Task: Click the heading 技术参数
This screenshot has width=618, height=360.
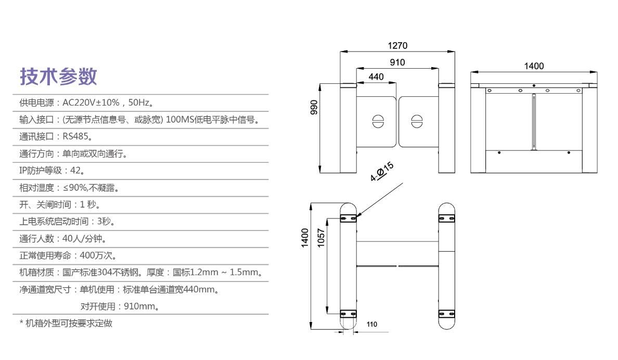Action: [x=58, y=76]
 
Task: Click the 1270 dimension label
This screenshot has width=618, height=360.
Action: [x=397, y=46]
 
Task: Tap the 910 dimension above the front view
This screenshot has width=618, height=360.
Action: [x=397, y=63]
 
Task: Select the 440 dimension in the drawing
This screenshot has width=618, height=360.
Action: [x=376, y=77]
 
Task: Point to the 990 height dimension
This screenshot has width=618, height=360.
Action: [x=313, y=107]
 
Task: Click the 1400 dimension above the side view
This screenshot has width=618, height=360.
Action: [x=534, y=66]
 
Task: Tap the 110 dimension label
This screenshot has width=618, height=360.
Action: [x=371, y=324]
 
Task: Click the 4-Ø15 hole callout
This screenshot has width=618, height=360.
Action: [x=382, y=172]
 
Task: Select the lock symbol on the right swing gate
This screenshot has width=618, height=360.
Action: [x=417, y=121]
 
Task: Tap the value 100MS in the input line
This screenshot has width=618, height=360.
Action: [x=179, y=120]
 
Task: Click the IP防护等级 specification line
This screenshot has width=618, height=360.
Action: [x=52, y=171]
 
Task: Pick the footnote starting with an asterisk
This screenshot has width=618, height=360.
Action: [x=66, y=323]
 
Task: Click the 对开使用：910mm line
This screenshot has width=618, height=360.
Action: [x=120, y=306]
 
